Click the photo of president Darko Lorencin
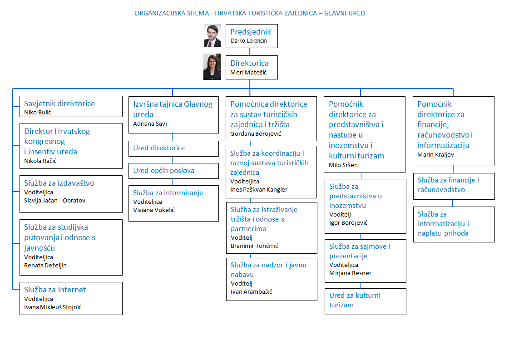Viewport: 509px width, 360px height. tap(212, 35)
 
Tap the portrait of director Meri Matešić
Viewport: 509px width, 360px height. tap(212, 67)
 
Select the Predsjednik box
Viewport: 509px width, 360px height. tap(252, 36)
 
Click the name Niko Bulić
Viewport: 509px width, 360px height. tap(38, 112)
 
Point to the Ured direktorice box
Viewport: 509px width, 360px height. tap(173, 148)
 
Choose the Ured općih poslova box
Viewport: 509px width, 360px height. tap(173, 171)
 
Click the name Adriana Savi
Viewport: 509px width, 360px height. tap(150, 123)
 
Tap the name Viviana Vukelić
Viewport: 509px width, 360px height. tap(154, 210)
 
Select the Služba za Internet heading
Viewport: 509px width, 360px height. tap(55, 290)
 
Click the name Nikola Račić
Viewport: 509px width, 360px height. tap(40, 161)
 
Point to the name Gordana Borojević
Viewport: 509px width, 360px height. tap(256, 134)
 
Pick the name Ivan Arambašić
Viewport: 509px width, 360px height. tap(252, 292)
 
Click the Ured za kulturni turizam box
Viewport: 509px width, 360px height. tap(365, 301)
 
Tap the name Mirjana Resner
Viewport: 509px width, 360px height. tap(350, 273)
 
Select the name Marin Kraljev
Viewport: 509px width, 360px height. tap(435, 155)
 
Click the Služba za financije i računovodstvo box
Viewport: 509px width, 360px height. tap(454, 186)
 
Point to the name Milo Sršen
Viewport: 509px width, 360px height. tap(343, 165)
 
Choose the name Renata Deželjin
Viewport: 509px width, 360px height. tap(45, 266)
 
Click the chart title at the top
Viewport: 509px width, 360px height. tap(250, 13)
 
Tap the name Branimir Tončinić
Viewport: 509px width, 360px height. tap(254, 246)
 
